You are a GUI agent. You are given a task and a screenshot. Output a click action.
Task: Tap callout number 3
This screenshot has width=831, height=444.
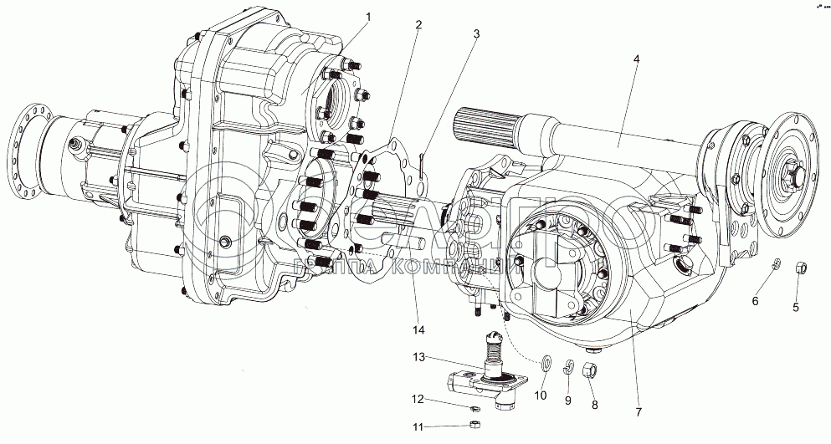(x=475, y=34)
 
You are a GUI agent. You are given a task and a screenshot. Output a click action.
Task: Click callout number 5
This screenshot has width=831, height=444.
(x=796, y=306)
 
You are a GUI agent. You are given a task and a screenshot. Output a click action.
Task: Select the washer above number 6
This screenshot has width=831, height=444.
(x=776, y=265)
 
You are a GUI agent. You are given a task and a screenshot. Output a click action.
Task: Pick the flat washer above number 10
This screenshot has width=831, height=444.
(x=545, y=362)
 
